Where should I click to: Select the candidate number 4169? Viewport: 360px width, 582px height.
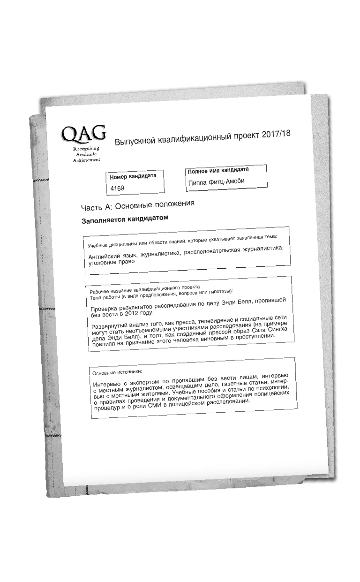coord(117,188)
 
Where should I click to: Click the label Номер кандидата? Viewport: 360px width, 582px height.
coord(133,177)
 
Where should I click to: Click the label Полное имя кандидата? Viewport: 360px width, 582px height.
coord(218,171)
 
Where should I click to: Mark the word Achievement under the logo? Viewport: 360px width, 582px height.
coord(86,160)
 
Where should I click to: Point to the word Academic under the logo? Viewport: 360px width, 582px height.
coord(85,155)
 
